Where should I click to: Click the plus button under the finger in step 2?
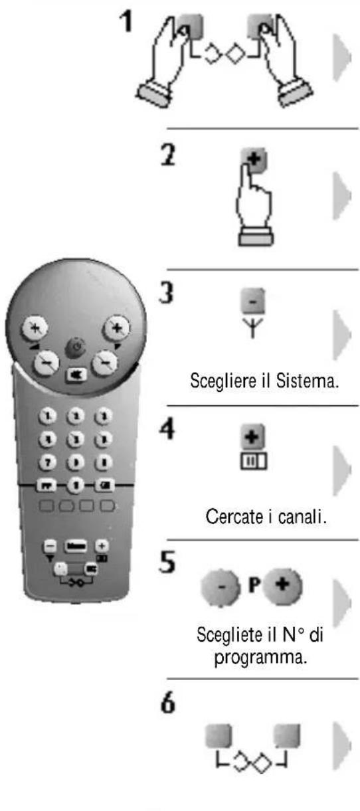click(x=258, y=160)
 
